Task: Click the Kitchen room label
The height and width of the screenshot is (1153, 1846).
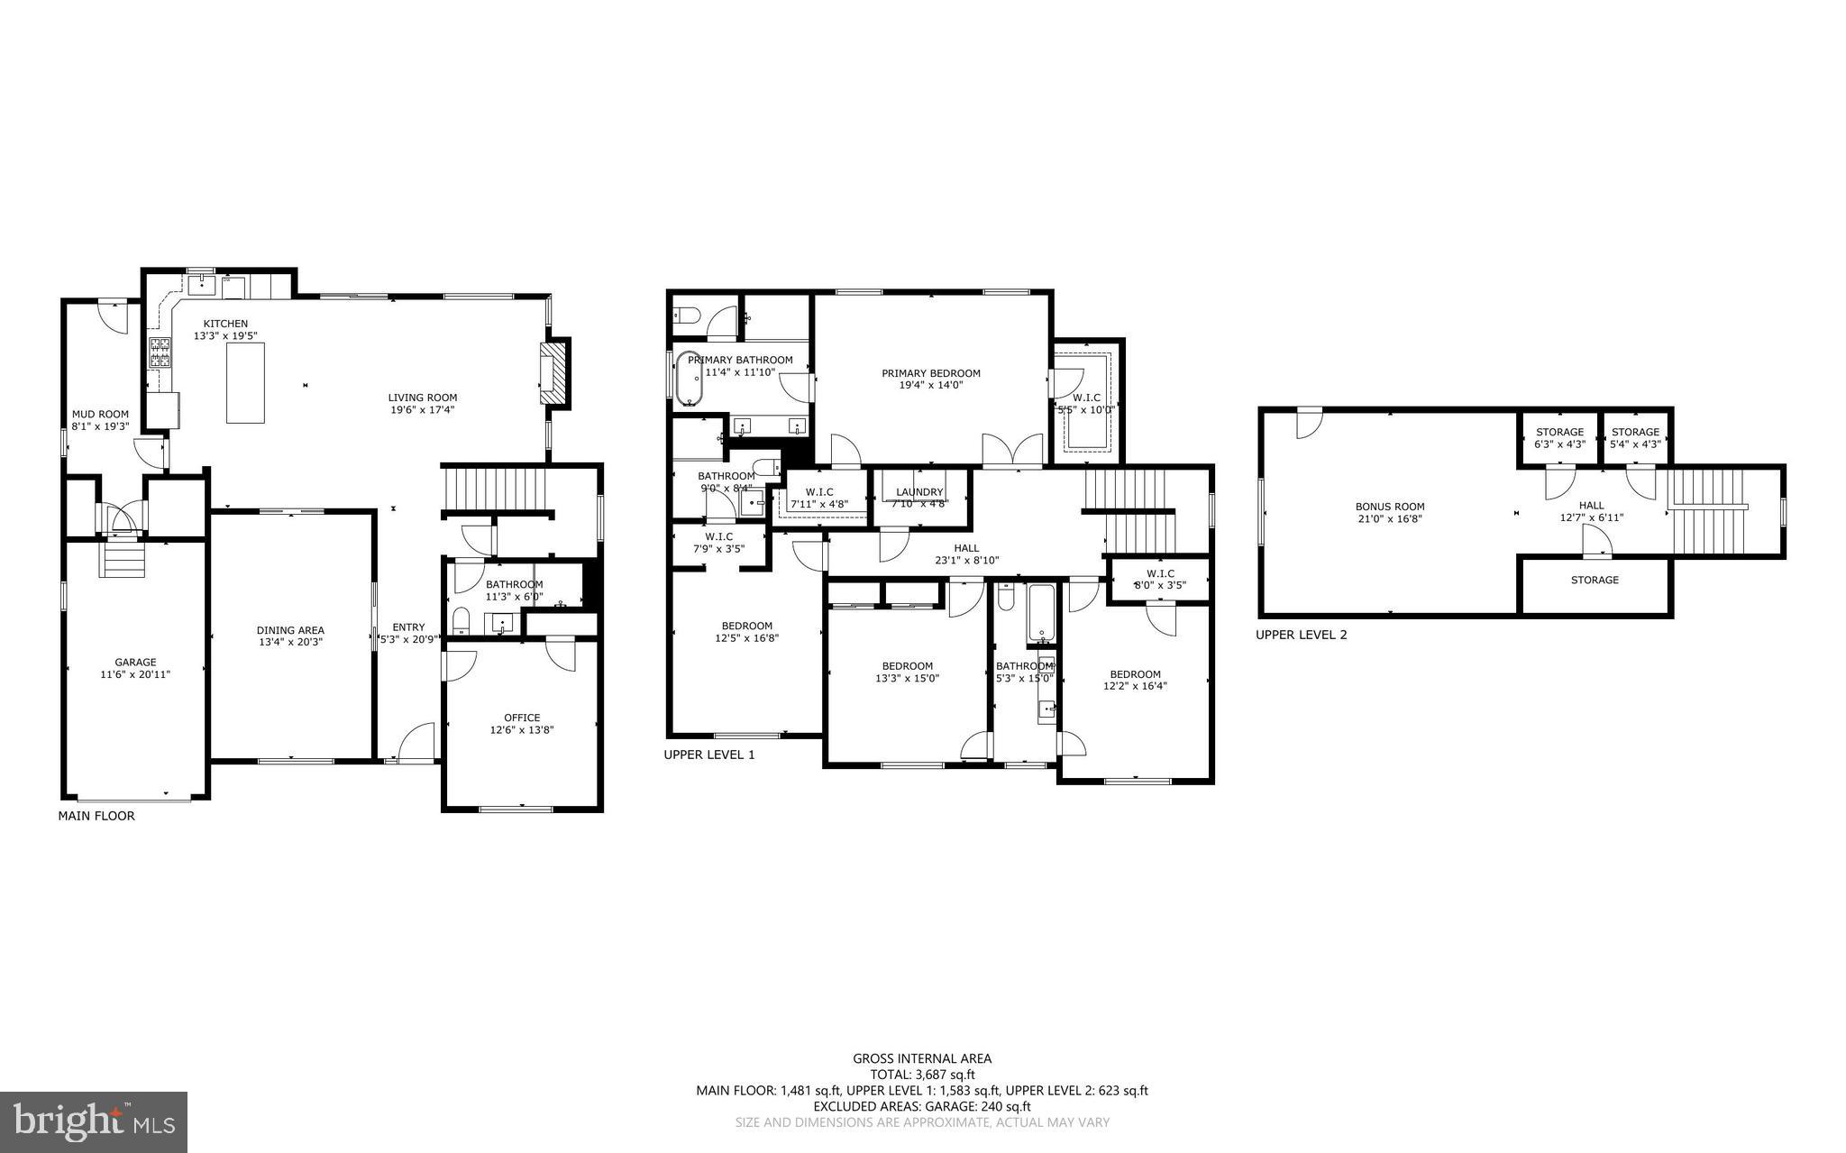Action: (x=225, y=324)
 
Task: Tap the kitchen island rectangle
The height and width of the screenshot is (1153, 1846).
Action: (x=245, y=383)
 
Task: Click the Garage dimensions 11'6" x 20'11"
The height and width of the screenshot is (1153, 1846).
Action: (x=135, y=674)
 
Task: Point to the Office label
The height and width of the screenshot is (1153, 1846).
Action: (x=522, y=718)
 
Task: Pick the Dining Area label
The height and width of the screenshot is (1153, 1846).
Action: (x=290, y=630)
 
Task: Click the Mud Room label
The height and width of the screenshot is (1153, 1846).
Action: (x=100, y=415)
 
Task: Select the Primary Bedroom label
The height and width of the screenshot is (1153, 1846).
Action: (x=931, y=373)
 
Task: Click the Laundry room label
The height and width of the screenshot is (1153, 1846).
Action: (x=919, y=492)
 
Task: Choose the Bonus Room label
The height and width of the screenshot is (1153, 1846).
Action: (x=1390, y=507)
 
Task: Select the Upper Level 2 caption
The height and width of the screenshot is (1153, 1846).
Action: (x=1302, y=635)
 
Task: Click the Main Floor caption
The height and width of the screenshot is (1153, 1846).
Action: (x=96, y=816)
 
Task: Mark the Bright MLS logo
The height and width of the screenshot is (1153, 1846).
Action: (x=94, y=1121)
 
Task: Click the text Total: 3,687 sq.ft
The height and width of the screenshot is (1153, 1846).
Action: (x=922, y=1075)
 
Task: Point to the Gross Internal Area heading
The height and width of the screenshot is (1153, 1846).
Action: (x=922, y=1058)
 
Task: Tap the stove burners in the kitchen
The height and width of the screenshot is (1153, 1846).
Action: (x=160, y=352)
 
